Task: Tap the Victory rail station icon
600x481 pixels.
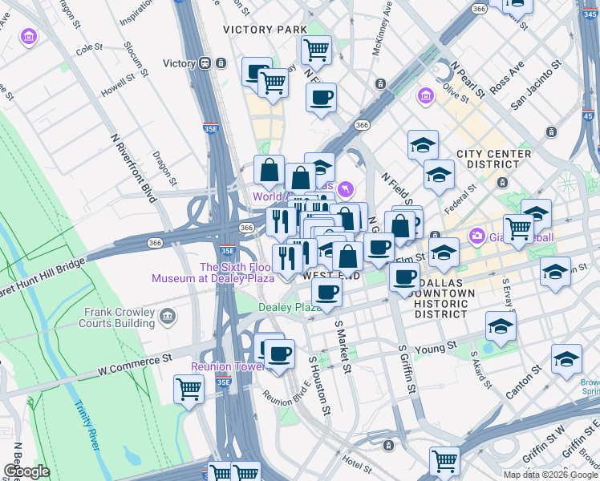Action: (205, 63)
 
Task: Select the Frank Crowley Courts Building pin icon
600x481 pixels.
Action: (168, 316)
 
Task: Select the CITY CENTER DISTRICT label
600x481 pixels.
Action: (493, 160)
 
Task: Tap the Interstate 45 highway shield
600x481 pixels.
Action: (589, 116)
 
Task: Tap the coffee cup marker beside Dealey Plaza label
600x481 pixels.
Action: (326, 291)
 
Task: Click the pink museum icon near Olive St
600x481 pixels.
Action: (425, 97)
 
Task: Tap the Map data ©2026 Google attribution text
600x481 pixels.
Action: (549, 474)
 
